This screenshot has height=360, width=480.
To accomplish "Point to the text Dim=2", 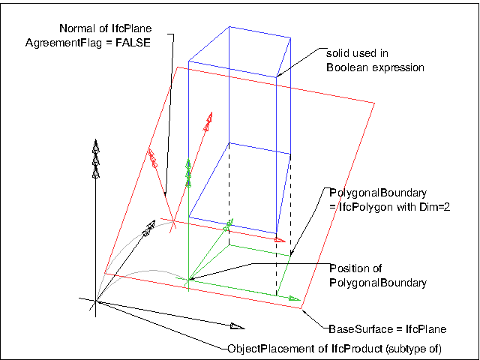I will (x=418, y=205).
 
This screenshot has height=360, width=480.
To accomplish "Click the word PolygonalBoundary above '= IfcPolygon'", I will (x=362, y=191).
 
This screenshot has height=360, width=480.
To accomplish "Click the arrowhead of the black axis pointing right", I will (x=237, y=326).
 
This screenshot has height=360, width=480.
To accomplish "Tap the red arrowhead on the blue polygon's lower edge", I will (x=279, y=240).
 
